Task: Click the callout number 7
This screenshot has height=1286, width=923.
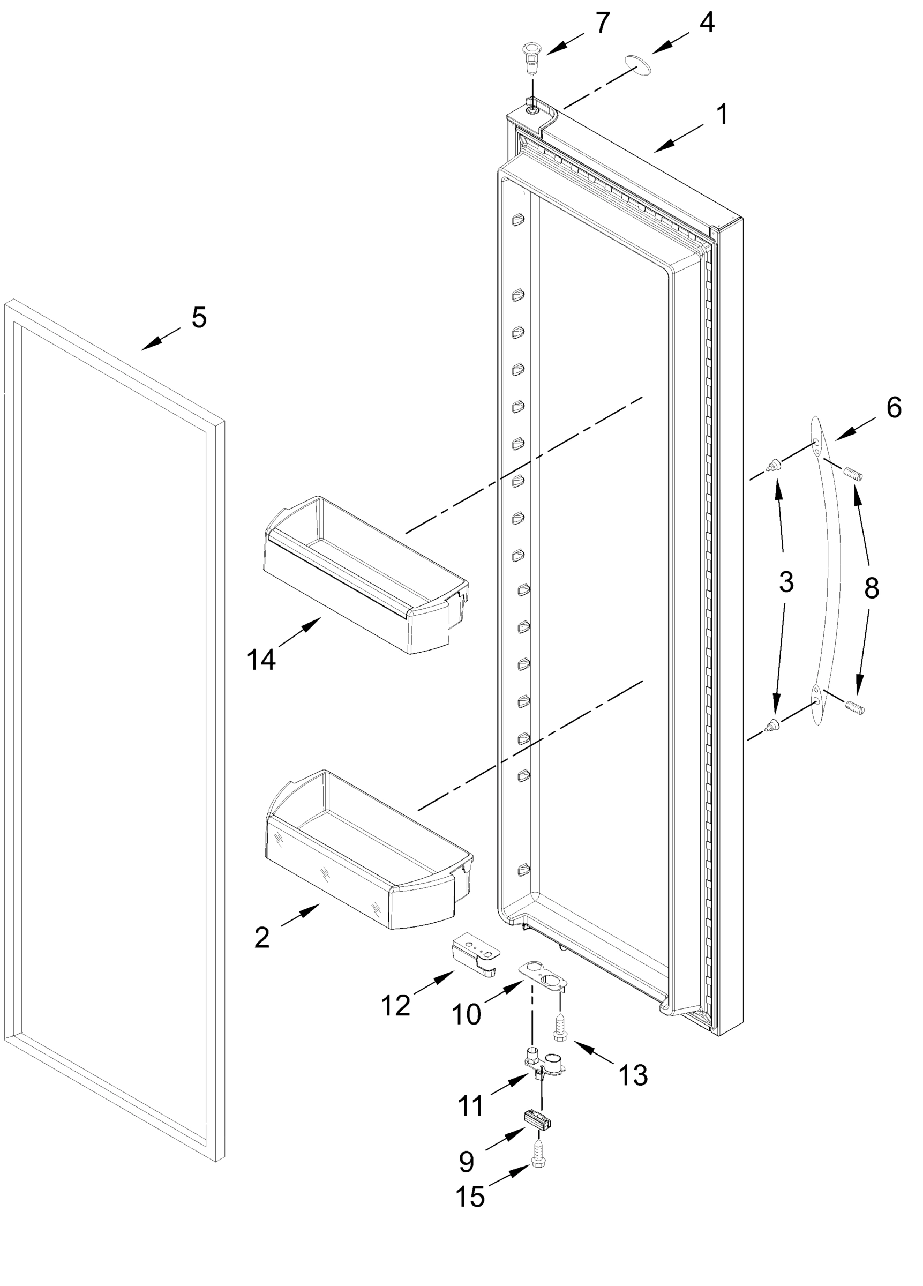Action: [x=602, y=23]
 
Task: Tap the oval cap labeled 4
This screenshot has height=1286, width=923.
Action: [x=637, y=65]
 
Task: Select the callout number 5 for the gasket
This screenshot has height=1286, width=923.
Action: [x=199, y=318]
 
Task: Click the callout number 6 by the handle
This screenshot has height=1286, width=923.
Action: [x=894, y=408]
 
